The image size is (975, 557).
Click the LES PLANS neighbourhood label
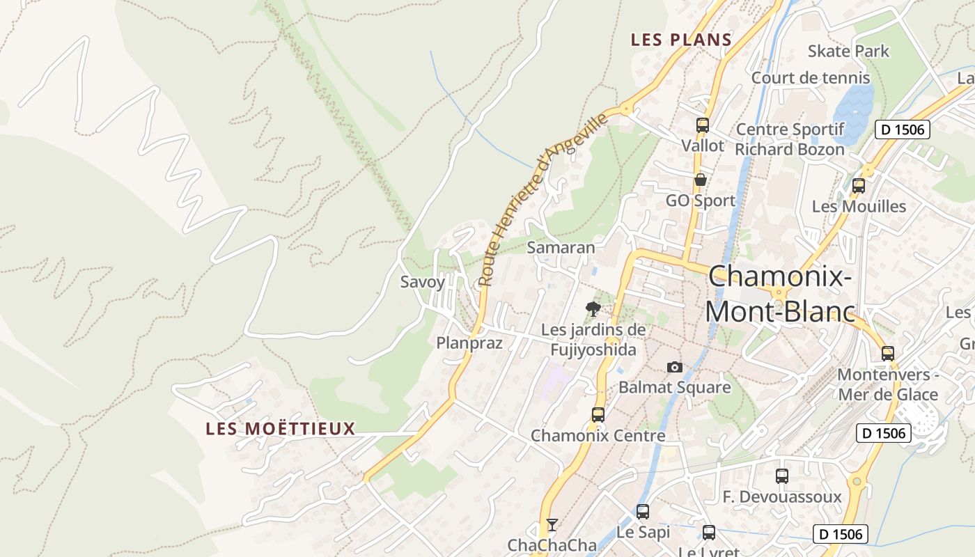coord(681,40)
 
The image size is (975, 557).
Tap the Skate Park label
coord(848,51)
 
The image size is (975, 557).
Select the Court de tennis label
coord(811,77)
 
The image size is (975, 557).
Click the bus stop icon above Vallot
coord(702,125)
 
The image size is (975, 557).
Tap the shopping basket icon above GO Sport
coord(701,180)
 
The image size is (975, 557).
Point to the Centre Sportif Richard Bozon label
coord(790,139)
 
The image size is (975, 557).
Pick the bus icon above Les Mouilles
coord(859,186)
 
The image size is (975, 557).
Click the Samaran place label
coord(561,247)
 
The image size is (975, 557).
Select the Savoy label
coord(422,282)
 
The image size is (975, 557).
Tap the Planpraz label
coord(469,343)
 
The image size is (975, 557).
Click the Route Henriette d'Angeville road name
coord(543,201)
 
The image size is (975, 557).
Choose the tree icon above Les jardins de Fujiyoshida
coord(593,308)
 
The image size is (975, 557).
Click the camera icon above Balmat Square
coord(674,367)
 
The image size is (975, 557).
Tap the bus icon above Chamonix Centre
coord(598,415)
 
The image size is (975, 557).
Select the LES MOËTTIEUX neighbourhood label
coord(281,429)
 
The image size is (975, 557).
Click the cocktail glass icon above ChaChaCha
coord(552,524)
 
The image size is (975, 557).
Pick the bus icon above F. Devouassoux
coord(782,476)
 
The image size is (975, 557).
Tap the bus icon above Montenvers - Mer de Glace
coord(888,353)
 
